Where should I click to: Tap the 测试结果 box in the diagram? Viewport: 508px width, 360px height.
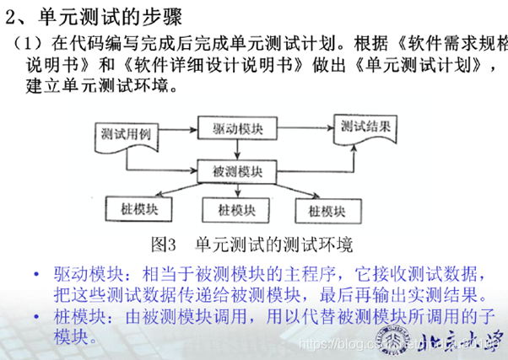[x=365, y=127]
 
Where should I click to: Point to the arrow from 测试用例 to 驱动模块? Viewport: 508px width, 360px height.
[x=174, y=130]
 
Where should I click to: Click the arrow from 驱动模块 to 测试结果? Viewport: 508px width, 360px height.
[x=299, y=128]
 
